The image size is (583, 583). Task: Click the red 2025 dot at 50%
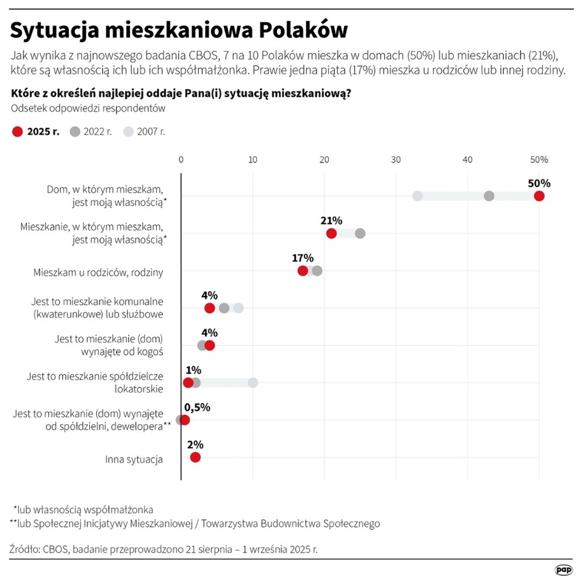539,196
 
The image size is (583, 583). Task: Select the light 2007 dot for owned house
417,196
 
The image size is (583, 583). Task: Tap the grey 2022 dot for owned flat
360,233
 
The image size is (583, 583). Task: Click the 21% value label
331,220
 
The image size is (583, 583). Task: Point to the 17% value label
303,258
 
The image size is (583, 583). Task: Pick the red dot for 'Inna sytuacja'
195,457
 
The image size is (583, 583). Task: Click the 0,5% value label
197,407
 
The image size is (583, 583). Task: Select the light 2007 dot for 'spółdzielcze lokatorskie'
253,383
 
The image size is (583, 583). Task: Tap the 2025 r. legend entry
36,132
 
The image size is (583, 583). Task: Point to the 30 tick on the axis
396,159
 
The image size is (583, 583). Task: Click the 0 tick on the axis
182,159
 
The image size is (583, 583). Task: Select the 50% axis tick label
538,159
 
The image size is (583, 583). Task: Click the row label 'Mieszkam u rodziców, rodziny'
98,272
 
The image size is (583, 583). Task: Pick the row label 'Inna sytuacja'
134,459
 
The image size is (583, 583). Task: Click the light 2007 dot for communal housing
238,308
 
